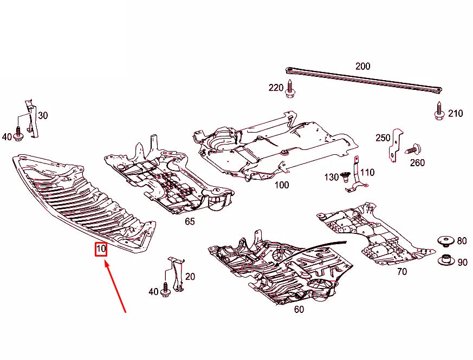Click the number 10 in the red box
click(101, 250)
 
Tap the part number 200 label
click(362, 67)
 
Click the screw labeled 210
click(438, 112)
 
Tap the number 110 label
click(367, 173)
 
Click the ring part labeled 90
click(445, 261)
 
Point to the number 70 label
click(401, 272)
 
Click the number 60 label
click(299, 310)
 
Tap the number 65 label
click(190, 222)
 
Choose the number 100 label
click(282, 185)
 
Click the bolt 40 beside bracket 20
click(165, 292)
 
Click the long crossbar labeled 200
click(363, 80)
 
